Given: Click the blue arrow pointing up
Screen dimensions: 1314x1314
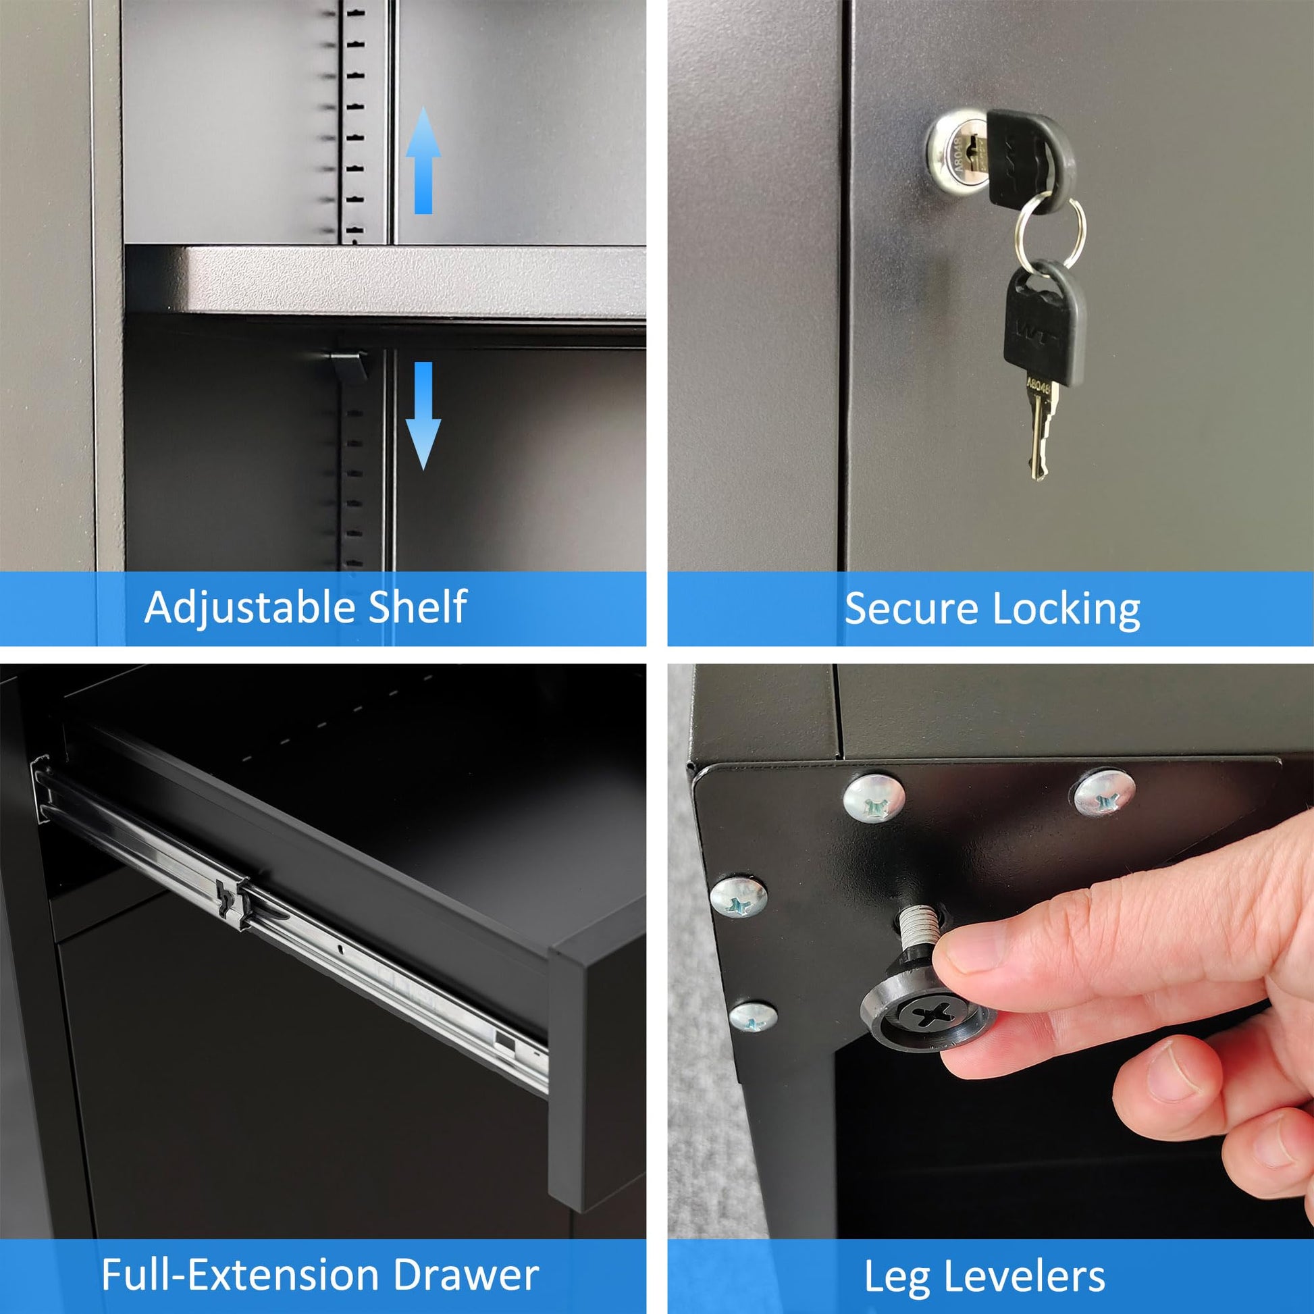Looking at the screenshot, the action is coord(423,161).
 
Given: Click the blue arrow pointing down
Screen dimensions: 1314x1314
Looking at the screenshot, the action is coord(423,415).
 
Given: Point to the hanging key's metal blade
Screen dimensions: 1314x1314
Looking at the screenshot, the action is coord(1039,429).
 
